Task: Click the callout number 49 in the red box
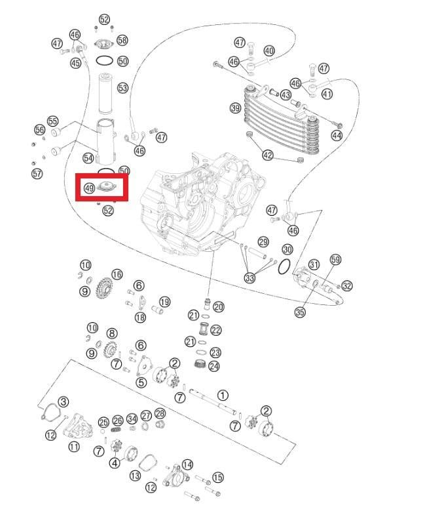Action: tap(89, 188)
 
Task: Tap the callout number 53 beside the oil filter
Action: tap(123, 88)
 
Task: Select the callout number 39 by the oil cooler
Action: tap(236, 108)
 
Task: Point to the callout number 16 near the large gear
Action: tap(117, 274)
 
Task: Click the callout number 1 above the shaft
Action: tap(223, 395)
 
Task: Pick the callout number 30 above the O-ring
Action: tap(287, 250)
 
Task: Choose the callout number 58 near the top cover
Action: tap(122, 40)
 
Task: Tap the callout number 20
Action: tap(218, 307)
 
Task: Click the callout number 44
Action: tap(337, 135)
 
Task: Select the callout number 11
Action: tap(74, 446)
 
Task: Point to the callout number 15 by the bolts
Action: tap(218, 478)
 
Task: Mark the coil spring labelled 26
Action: tap(116, 429)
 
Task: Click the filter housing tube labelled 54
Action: tap(106, 142)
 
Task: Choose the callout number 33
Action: tap(250, 278)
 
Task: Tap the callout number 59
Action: tap(335, 259)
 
